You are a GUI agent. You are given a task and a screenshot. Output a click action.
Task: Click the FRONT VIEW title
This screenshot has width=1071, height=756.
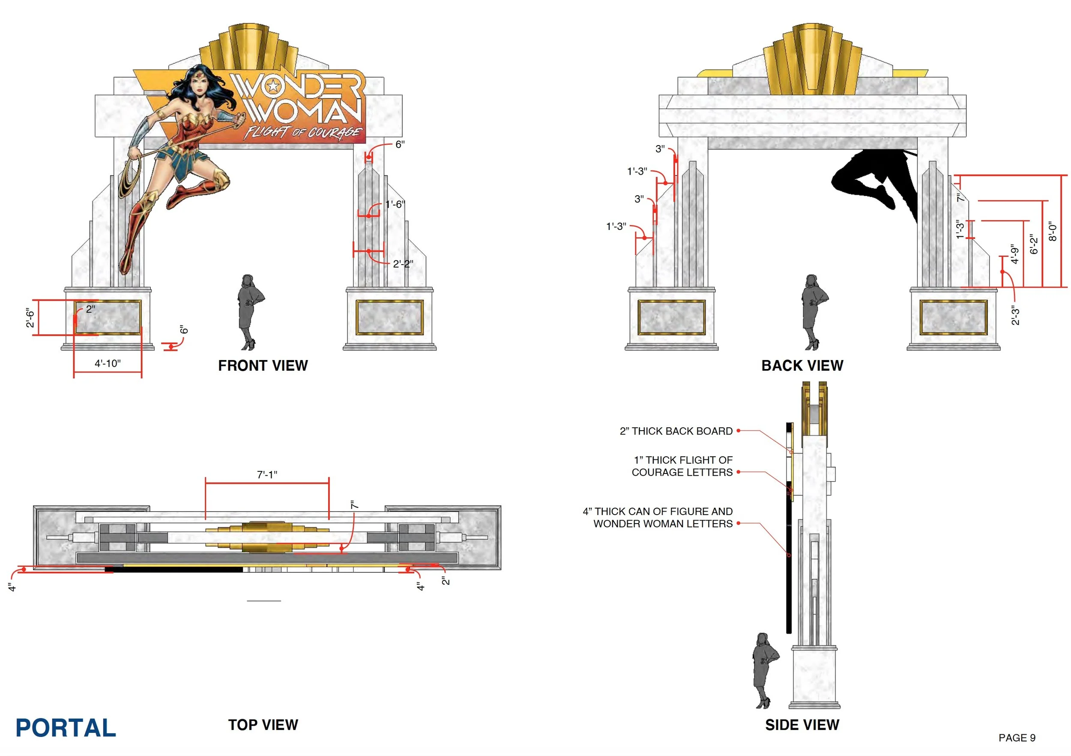point(263,366)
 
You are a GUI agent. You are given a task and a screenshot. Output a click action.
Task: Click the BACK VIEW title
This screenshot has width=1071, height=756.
point(802,366)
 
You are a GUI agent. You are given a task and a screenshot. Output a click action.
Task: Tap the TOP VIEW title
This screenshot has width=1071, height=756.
point(263,725)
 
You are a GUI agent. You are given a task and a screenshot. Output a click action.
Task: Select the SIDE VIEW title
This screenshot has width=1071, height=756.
point(802,725)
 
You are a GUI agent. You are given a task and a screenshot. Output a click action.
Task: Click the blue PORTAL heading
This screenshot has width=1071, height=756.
point(66,728)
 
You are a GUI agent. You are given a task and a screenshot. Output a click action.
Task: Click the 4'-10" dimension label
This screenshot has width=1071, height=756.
point(108,363)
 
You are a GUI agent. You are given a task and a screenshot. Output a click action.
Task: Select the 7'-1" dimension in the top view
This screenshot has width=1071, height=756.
point(267,474)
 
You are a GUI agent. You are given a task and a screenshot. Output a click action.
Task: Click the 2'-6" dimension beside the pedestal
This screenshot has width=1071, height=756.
point(30,318)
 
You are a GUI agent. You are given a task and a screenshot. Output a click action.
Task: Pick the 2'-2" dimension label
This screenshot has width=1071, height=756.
point(403,264)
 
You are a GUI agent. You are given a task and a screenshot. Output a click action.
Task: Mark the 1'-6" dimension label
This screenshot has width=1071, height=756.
point(395,204)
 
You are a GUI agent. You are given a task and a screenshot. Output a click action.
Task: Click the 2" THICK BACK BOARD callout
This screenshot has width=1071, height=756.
point(676,431)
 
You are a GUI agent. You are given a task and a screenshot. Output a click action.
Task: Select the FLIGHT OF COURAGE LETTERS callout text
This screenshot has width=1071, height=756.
point(682,466)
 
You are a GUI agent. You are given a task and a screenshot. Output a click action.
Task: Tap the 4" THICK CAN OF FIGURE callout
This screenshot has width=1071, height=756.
point(658,518)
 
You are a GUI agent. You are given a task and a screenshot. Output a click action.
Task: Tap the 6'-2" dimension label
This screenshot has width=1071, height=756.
point(1034,244)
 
